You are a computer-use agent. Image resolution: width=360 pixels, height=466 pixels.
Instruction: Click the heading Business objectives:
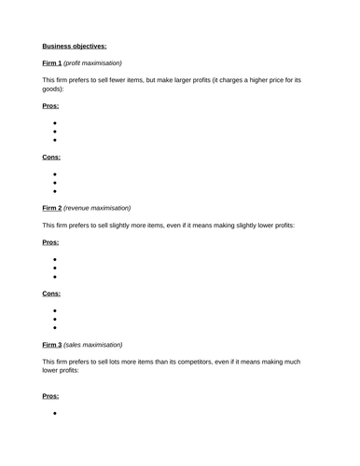(75, 45)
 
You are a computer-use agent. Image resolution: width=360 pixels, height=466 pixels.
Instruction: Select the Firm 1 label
(52, 62)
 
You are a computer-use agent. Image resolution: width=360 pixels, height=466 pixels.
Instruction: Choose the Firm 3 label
(52, 344)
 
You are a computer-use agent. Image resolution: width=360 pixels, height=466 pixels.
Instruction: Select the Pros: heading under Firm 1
(50, 106)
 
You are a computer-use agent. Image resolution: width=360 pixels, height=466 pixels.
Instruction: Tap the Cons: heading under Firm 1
(51, 157)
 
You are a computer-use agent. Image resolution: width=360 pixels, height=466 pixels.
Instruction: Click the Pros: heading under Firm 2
(50, 242)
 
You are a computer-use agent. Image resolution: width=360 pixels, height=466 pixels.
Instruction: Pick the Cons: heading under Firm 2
(51, 294)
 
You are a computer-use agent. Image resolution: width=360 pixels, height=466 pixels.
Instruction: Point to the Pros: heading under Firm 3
(50, 395)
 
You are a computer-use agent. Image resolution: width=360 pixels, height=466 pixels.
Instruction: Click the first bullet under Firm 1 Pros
(55, 123)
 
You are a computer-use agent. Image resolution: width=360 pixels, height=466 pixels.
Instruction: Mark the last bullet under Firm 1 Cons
(55, 191)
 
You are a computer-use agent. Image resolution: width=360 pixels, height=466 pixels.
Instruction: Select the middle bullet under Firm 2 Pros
(55, 267)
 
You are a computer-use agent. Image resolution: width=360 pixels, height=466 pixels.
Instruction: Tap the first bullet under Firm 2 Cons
(55, 310)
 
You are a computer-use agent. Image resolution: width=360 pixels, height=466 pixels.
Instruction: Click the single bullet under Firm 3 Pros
(55, 412)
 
